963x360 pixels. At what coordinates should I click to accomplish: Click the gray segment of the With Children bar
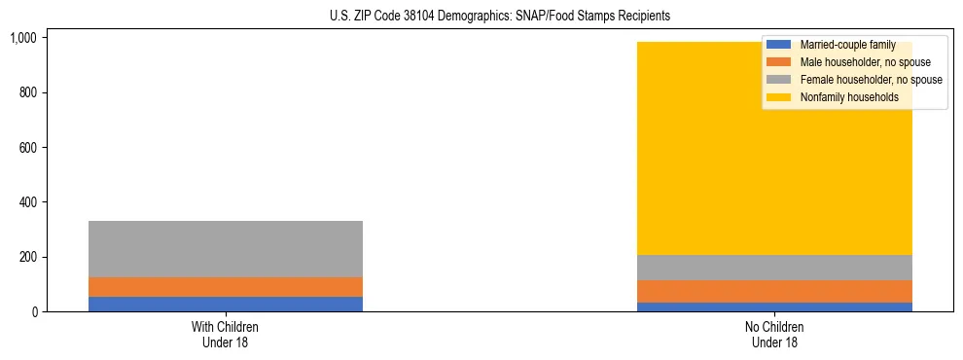226,249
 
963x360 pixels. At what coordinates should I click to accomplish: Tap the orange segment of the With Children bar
226,287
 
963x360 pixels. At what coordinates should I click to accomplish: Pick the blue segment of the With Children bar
226,304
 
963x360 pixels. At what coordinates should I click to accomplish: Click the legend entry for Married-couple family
847,45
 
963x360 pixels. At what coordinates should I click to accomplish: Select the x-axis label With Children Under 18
226,335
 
